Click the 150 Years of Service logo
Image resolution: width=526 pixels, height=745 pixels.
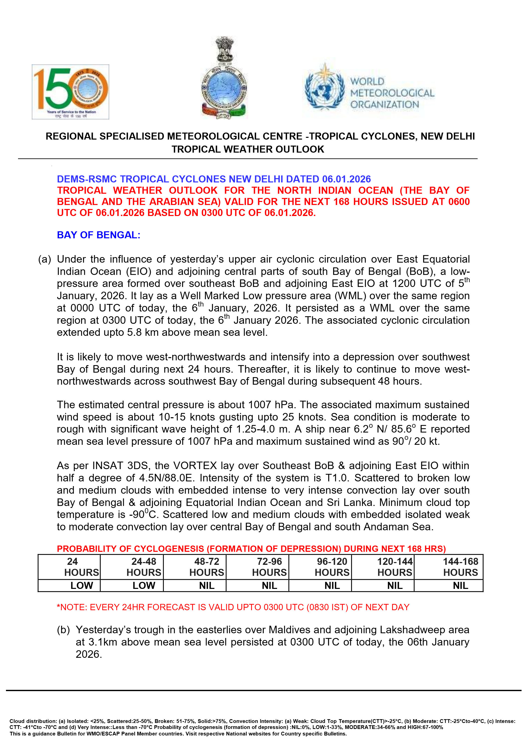click(x=70, y=91)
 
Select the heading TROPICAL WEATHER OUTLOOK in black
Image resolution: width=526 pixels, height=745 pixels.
click(x=248, y=149)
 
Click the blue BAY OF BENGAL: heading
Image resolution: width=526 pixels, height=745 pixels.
click(x=99, y=235)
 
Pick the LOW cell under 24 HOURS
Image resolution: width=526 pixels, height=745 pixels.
click(x=82, y=586)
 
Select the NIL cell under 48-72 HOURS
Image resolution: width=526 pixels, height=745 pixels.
click(x=207, y=586)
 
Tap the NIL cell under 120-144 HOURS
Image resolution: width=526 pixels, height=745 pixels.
click(x=395, y=586)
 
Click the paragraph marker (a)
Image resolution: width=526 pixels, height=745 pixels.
click(x=44, y=259)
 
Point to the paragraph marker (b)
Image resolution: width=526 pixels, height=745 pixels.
click(x=63, y=630)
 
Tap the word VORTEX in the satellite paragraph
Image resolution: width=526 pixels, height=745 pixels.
click(x=195, y=466)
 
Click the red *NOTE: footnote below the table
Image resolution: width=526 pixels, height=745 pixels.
click(x=233, y=607)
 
